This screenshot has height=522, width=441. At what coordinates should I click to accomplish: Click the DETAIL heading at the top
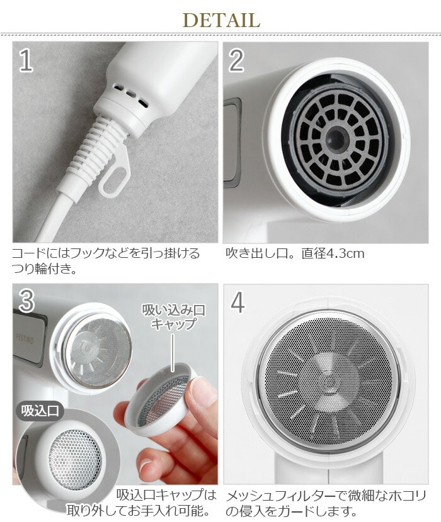point(221,20)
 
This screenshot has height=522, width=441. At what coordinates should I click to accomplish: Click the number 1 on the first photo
point(26,60)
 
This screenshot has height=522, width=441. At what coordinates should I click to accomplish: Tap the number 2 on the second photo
point(236,60)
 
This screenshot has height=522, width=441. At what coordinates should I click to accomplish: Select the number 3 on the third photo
point(26,301)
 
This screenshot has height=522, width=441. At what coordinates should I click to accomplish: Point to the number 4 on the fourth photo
point(238,303)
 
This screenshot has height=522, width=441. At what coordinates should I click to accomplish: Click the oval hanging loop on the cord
point(115,173)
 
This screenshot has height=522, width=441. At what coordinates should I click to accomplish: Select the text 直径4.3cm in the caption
point(333,253)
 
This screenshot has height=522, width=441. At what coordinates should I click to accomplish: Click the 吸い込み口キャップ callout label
point(173,316)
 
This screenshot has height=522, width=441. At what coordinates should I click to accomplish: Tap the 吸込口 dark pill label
point(40,411)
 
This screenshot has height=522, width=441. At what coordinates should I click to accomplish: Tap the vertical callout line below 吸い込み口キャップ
point(173,352)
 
